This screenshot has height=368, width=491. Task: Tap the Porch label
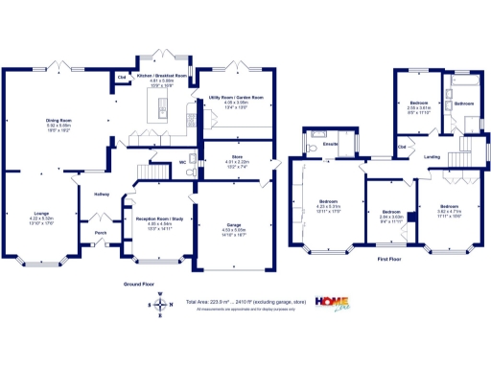[100, 231]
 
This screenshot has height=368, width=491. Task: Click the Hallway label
[101, 195]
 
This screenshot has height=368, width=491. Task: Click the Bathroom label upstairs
[464, 103]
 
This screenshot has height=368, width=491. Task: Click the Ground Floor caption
[140, 285]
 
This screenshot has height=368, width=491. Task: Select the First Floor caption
[388, 260]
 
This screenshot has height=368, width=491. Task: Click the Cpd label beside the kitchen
[123, 76]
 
